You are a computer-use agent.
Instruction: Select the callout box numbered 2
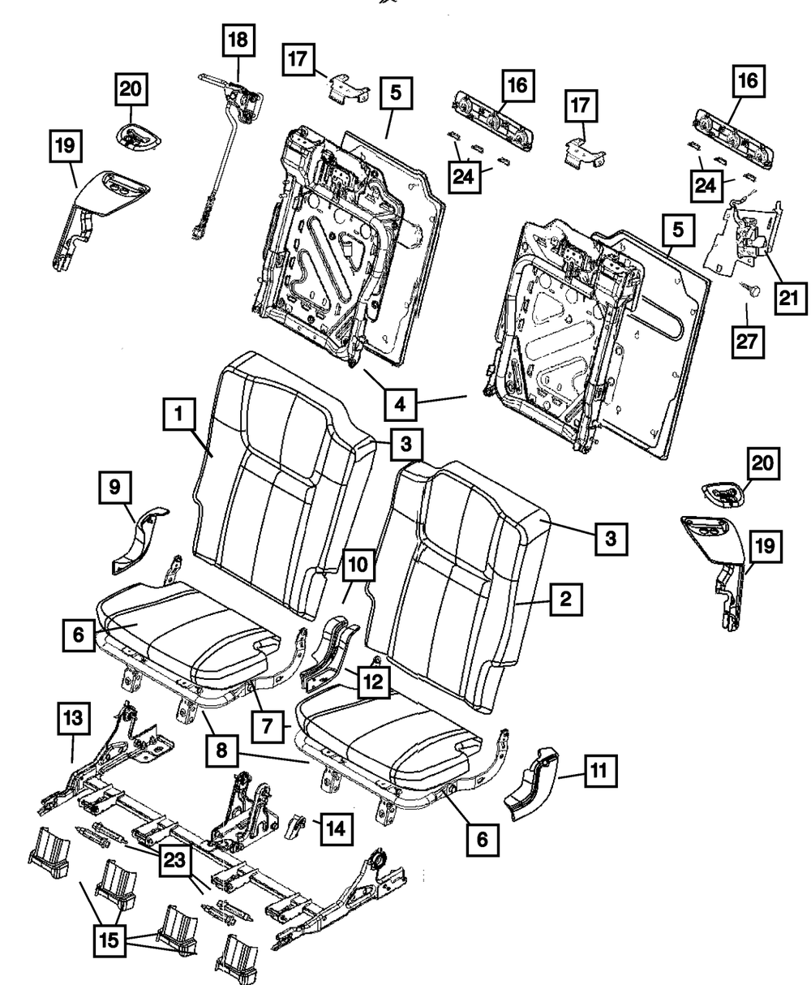point(564,601)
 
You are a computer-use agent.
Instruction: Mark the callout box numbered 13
point(72,718)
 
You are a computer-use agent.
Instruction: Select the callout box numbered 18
point(241,39)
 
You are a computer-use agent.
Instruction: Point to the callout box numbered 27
point(748,342)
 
